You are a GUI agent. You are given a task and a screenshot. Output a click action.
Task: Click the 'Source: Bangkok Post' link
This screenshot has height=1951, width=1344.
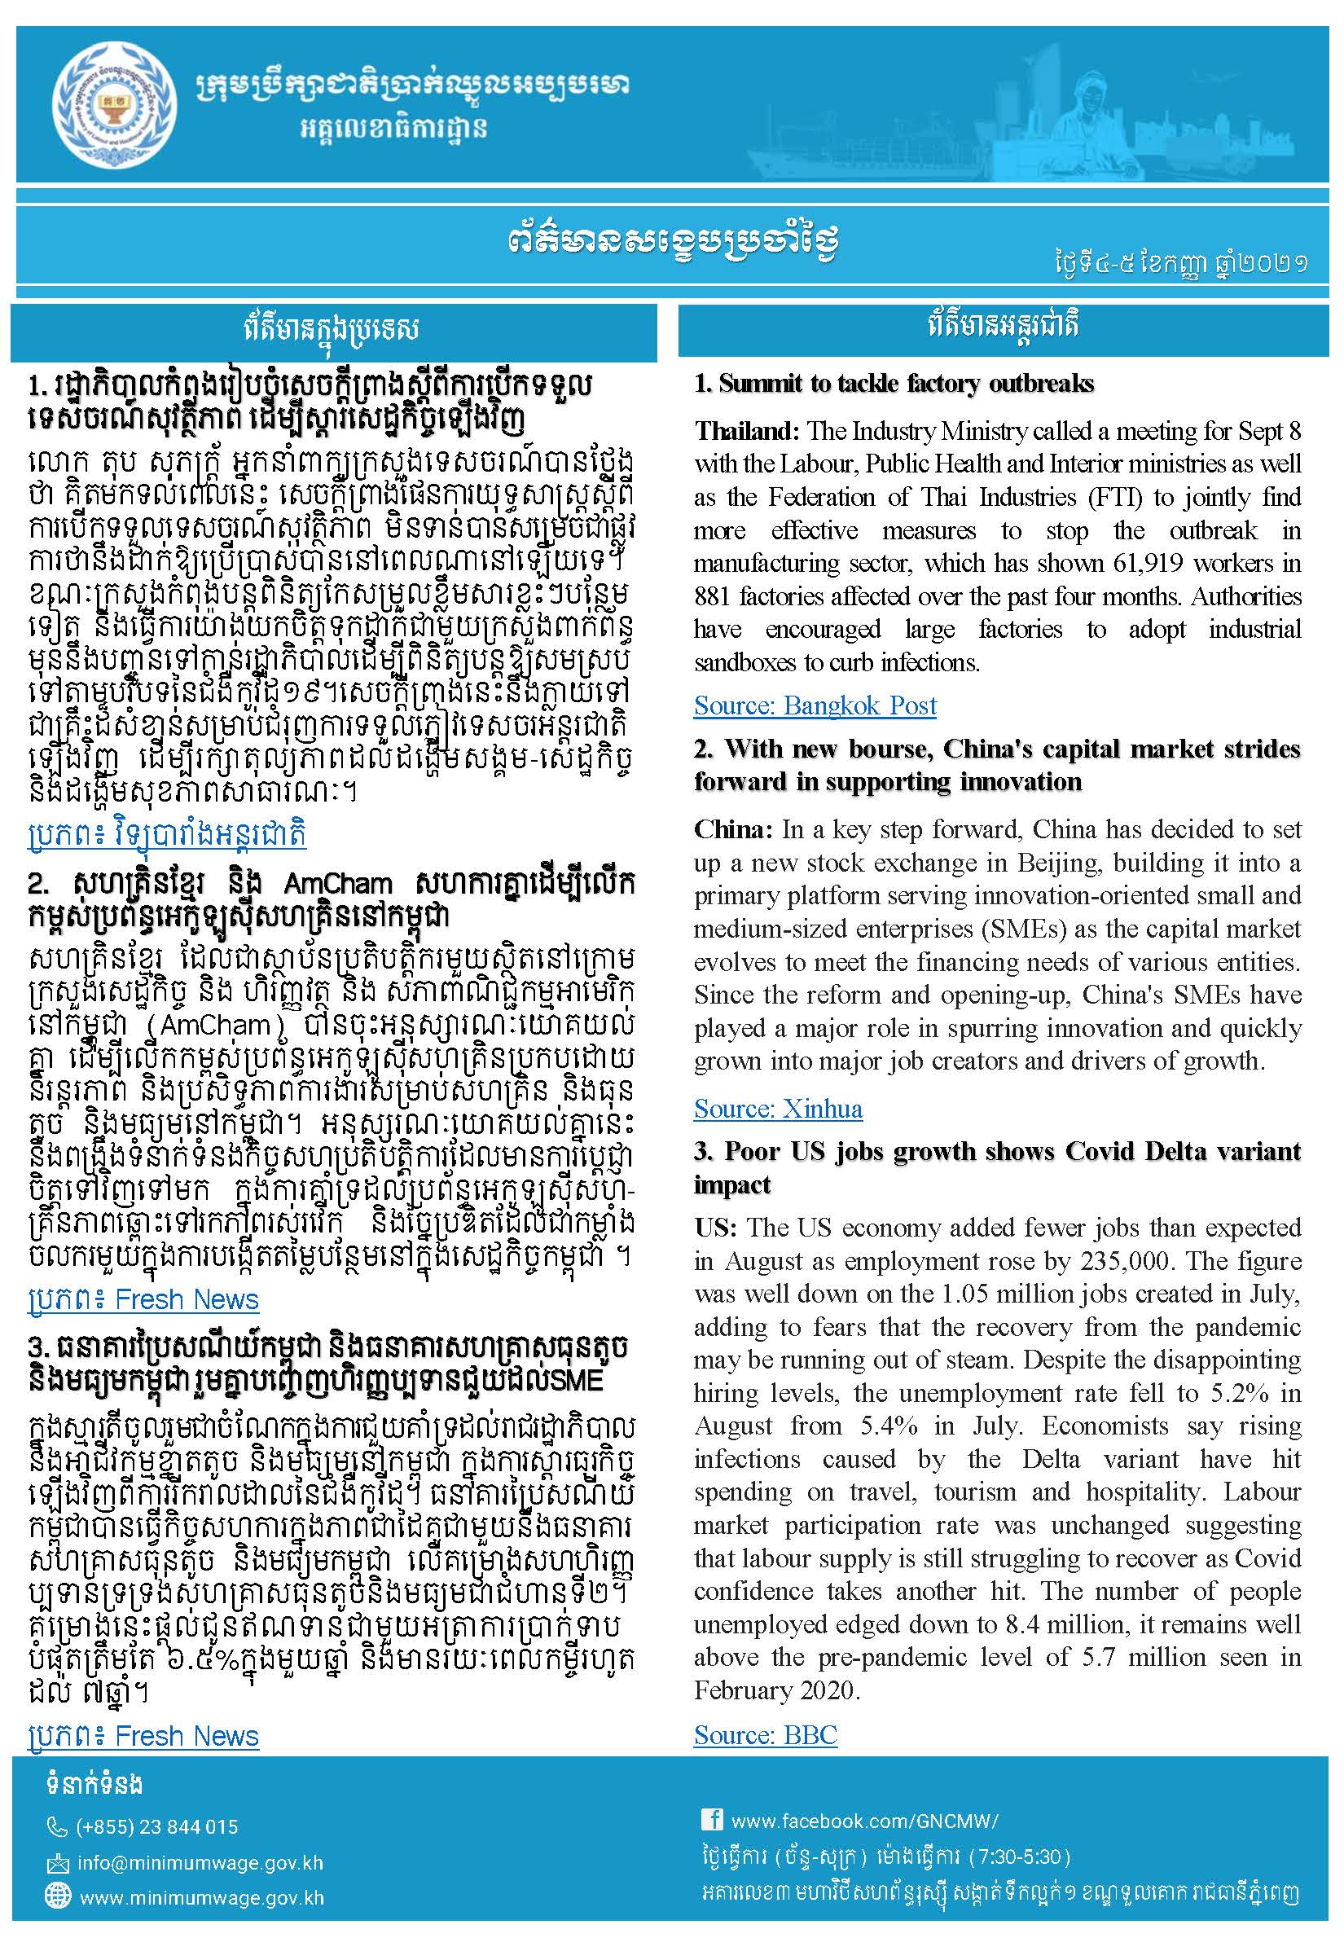815,705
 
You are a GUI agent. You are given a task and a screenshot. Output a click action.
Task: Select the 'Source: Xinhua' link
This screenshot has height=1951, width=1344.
777,1109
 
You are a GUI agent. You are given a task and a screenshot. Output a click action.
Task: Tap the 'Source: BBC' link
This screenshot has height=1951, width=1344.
765,1734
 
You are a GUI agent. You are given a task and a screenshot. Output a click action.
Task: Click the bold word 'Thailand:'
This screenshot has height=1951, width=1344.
746,431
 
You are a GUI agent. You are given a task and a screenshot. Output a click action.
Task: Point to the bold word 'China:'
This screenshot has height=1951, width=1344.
732,829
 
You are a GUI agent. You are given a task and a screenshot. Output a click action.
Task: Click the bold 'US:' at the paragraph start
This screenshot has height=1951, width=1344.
716,1228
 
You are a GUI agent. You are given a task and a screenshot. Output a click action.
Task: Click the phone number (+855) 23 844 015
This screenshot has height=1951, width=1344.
156,1827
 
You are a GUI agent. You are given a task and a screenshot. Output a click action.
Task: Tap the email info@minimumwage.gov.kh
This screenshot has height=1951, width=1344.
200,1862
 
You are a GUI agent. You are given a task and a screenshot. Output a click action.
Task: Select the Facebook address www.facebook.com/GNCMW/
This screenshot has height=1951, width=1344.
864,1821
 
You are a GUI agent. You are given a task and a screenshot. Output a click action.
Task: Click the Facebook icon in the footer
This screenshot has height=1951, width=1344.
712,1820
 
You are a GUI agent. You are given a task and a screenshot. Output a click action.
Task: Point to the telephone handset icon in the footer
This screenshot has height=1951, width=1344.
56,1827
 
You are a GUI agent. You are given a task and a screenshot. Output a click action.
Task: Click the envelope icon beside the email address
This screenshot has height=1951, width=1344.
57,1862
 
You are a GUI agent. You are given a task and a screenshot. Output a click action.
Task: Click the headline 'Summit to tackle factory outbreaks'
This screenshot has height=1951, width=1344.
894,384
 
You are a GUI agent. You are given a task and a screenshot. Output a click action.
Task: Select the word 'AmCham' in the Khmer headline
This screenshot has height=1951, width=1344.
338,883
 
